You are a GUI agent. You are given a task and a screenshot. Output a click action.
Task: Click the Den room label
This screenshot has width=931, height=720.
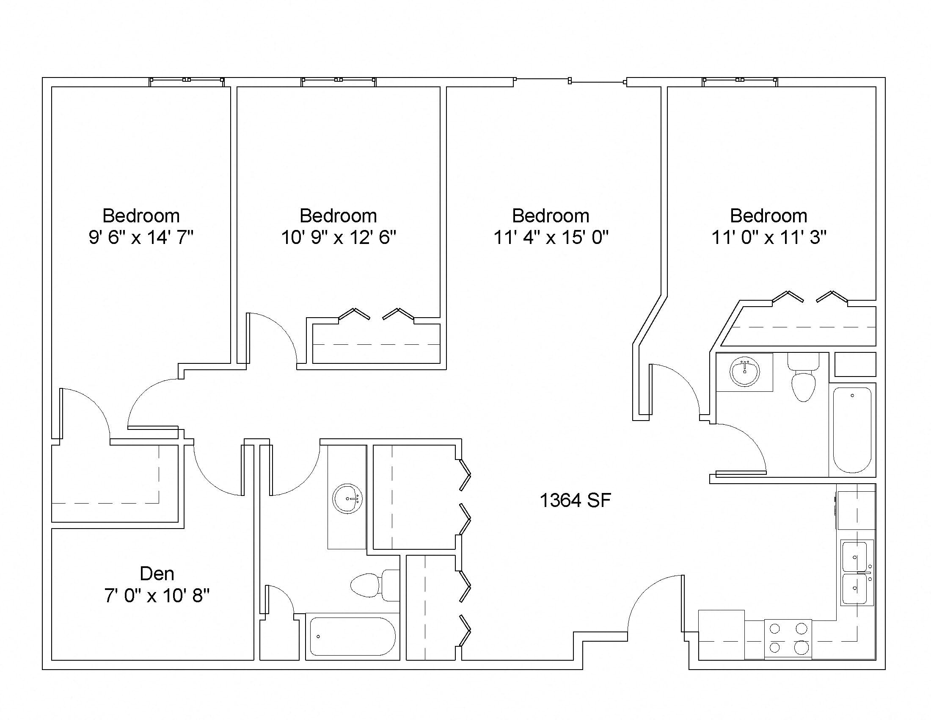click(x=157, y=574)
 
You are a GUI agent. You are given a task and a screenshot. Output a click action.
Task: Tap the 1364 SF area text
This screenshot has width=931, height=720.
click(x=575, y=500)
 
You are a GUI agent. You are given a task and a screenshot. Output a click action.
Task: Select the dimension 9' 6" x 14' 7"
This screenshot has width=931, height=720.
click(x=141, y=237)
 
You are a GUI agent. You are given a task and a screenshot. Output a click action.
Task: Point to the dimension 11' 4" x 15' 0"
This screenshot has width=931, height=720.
click(x=551, y=237)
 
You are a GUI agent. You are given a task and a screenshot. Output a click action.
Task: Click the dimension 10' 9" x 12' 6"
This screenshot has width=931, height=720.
click(x=339, y=237)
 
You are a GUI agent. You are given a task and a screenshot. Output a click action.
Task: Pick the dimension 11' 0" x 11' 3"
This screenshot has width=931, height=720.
click(x=768, y=237)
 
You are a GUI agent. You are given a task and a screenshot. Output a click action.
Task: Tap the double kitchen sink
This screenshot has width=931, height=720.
click(x=857, y=573)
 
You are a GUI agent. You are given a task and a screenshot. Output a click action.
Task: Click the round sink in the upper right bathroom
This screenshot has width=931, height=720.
click(x=744, y=371)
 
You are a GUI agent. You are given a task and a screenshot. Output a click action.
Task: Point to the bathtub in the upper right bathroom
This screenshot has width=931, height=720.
click(x=852, y=429)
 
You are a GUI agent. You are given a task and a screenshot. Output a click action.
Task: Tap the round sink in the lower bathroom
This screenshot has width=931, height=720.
click(x=348, y=498)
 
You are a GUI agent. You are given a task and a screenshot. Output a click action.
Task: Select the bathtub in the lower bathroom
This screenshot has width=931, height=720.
click(x=353, y=637)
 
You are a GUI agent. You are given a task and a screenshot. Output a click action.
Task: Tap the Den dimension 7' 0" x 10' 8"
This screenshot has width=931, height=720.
click(x=157, y=595)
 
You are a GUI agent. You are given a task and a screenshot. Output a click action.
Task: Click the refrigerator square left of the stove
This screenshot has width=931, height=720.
click(x=721, y=635)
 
